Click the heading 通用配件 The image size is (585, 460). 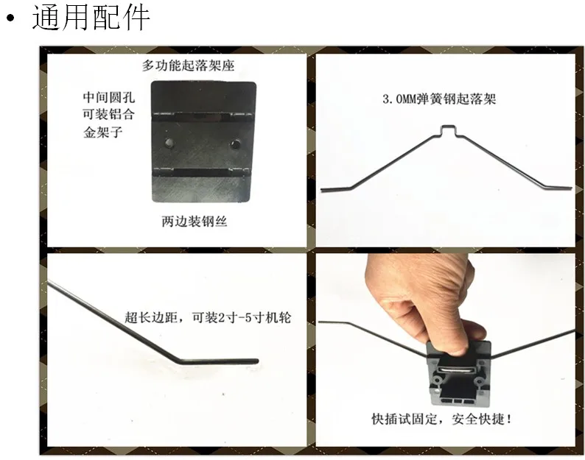91,17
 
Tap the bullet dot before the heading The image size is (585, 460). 12,18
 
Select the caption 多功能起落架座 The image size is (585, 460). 188,66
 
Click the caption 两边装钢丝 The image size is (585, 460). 195,222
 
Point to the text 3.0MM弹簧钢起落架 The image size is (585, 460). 439,99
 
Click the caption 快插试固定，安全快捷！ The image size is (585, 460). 442,419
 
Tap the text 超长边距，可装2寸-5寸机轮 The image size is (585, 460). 208,318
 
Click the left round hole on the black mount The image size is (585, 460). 169,142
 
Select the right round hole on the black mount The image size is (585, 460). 235,144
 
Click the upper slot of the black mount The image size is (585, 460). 203,117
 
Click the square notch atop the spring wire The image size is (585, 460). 449,130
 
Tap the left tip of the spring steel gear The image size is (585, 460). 322,190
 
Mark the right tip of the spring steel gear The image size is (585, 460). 570,188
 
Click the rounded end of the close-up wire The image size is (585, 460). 256,361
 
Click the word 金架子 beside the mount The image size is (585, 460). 102,132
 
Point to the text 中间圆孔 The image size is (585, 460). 108,98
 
